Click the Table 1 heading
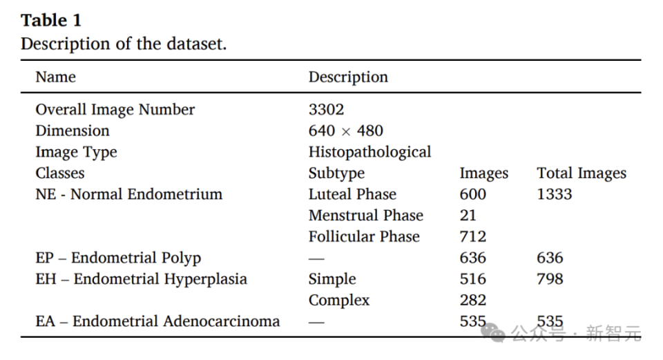(51, 20)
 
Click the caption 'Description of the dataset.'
(124, 44)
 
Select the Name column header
(56, 77)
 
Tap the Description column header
(348, 77)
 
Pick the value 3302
(326, 109)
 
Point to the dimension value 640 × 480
(345, 131)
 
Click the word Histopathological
(369, 152)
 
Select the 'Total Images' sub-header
(582, 173)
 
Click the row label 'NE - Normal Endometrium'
(128, 194)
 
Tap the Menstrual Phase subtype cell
(365, 216)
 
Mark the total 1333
(555, 194)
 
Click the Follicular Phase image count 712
(473, 236)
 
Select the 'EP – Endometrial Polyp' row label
(118, 258)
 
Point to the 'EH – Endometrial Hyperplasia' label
(141, 279)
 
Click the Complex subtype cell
(339, 300)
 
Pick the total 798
(550, 279)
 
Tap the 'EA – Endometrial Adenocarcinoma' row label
(157, 321)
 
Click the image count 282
(473, 300)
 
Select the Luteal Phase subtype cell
(352, 194)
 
